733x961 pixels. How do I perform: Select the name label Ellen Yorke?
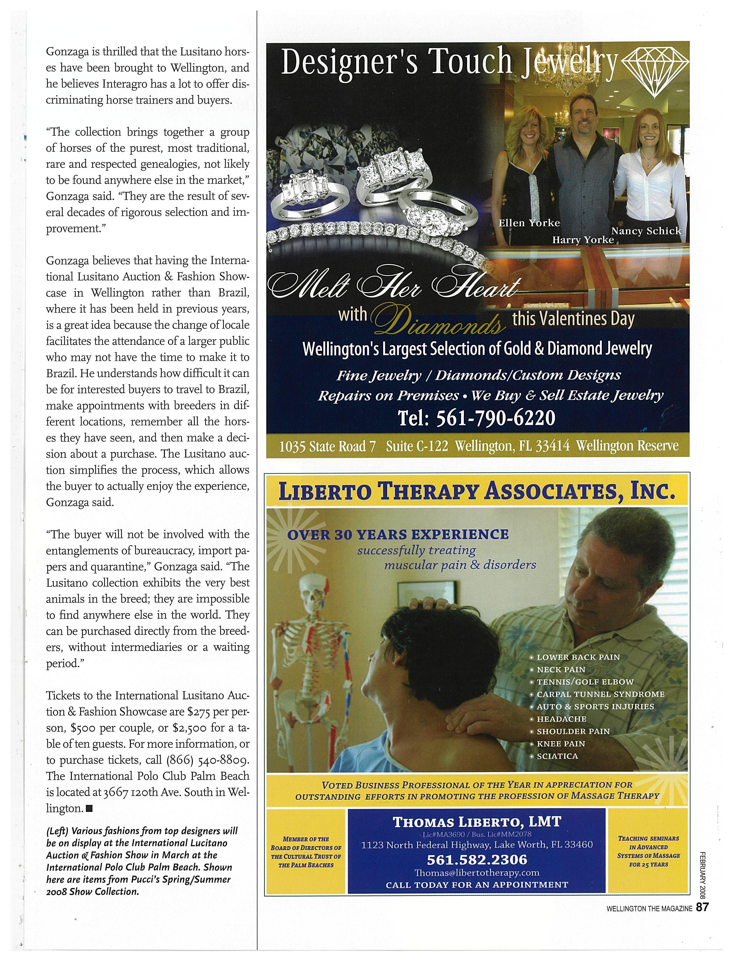(x=529, y=223)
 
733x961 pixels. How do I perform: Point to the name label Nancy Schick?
(x=646, y=231)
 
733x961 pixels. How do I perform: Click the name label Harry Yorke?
(x=583, y=240)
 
